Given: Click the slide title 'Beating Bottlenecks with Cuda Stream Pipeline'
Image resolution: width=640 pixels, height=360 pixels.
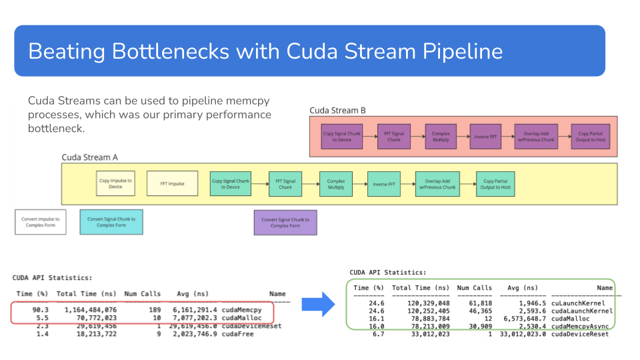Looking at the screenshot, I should tap(265, 51).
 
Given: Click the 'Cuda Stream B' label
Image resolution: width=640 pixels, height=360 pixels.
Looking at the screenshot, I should tap(338, 110).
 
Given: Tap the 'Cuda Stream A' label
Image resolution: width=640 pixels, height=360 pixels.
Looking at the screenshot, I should tap(90, 157).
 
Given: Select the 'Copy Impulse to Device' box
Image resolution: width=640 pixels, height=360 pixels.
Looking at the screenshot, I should tap(115, 183).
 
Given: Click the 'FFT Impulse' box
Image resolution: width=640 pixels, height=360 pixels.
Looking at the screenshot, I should tap(172, 183).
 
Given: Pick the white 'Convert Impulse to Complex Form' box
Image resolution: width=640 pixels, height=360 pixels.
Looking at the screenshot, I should tap(41, 221).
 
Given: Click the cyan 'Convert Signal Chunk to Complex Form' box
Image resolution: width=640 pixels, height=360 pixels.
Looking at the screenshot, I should tap(111, 221).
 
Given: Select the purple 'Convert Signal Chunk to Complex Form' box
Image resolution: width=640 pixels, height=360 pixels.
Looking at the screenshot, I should tap(285, 222).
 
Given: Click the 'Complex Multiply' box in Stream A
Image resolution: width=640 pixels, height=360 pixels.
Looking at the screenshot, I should tap(335, 183).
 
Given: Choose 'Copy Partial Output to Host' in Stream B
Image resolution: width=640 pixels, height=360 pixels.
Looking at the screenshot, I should tap(589, 137).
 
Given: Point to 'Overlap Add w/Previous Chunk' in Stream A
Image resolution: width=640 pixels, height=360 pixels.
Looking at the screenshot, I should tap(437, 183).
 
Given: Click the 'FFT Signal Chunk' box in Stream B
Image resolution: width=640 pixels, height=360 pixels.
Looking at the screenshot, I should tap(394, 137).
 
